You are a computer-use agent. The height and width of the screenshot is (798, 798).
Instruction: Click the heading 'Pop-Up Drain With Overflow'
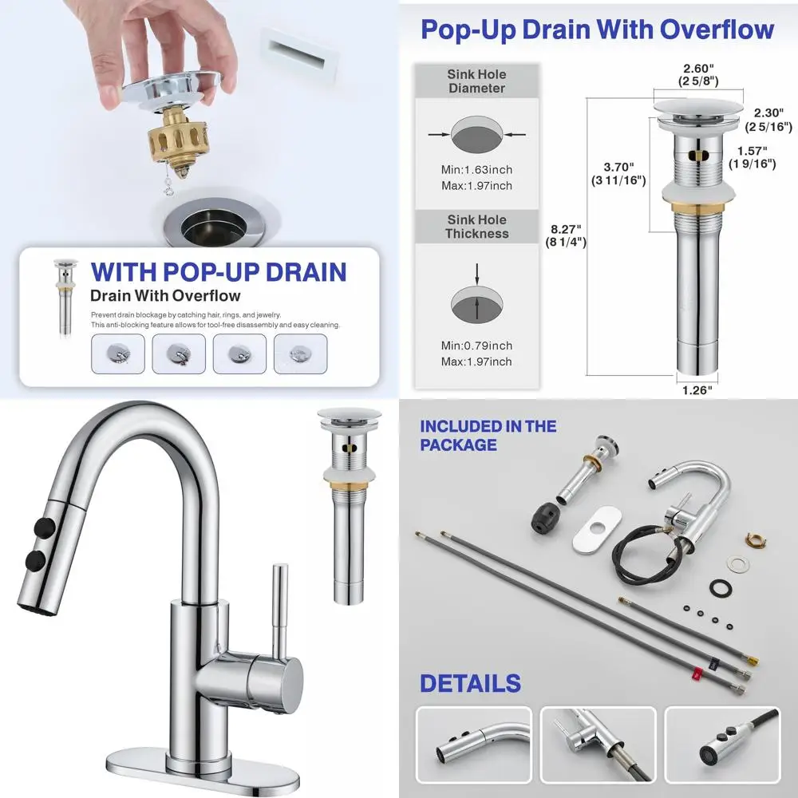[x=597, y=30]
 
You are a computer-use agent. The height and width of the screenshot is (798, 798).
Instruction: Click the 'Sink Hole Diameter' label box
[x=476, y=81]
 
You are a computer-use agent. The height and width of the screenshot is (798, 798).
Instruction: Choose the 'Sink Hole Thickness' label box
[x=476, y=227]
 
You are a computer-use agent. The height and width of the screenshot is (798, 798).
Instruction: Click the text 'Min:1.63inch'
[x=476, y=169]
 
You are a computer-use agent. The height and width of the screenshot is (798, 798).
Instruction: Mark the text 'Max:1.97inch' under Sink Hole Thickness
[x=476, y=361]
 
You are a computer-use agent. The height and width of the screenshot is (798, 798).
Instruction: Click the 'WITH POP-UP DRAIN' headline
[x=219, y=271]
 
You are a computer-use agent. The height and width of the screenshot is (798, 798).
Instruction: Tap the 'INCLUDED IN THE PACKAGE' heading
[x=488, y=435]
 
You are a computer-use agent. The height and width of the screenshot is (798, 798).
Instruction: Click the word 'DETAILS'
[x=470, y=684]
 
